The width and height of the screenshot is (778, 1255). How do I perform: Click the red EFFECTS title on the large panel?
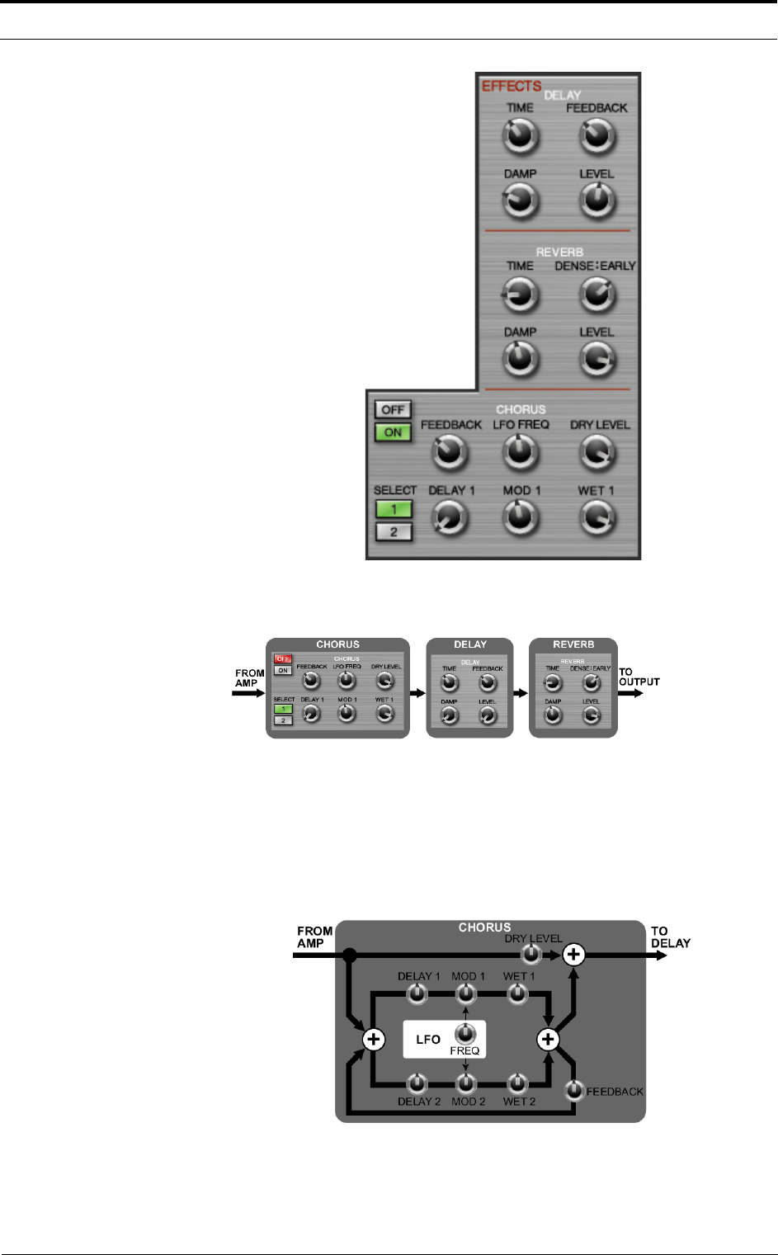click(x=512, y=86)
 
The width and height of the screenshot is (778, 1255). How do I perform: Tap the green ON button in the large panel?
click(x=393, y=432)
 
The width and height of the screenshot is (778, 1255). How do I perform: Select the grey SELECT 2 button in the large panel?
click(x=394, y=532)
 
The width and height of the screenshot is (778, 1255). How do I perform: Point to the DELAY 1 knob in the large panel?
click(x=450, y=518)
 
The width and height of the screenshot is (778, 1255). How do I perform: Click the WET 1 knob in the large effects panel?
click(x=596, y=517)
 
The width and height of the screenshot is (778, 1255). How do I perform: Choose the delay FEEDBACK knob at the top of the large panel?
click(x=597, y=136)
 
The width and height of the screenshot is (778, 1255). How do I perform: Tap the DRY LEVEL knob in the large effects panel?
click(x=596, y=451)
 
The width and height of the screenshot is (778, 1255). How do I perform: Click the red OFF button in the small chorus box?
click(x=283, y=659)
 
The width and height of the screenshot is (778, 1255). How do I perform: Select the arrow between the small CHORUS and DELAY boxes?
click(x=417, y=693)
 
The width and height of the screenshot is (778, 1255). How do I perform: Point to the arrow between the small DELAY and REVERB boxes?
click(x=521, y=693)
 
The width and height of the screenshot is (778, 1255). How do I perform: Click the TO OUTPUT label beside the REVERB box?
click(x=639, y=677)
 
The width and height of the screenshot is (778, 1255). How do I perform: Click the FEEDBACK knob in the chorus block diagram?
click(x=575, y=1091)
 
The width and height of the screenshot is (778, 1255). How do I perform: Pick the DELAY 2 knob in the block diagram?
click(x=417, y=1083)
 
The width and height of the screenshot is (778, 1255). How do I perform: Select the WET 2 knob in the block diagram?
click(x=517, y=1083)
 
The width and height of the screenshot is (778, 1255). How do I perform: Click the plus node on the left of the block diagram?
click(x=374, y=1039)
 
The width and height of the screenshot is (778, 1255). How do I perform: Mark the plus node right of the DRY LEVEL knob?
click(x=573, y=955)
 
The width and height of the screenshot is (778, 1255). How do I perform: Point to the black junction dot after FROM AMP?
click(x=350, y=955)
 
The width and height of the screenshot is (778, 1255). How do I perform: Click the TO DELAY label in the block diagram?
click(x=670, y=937)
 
